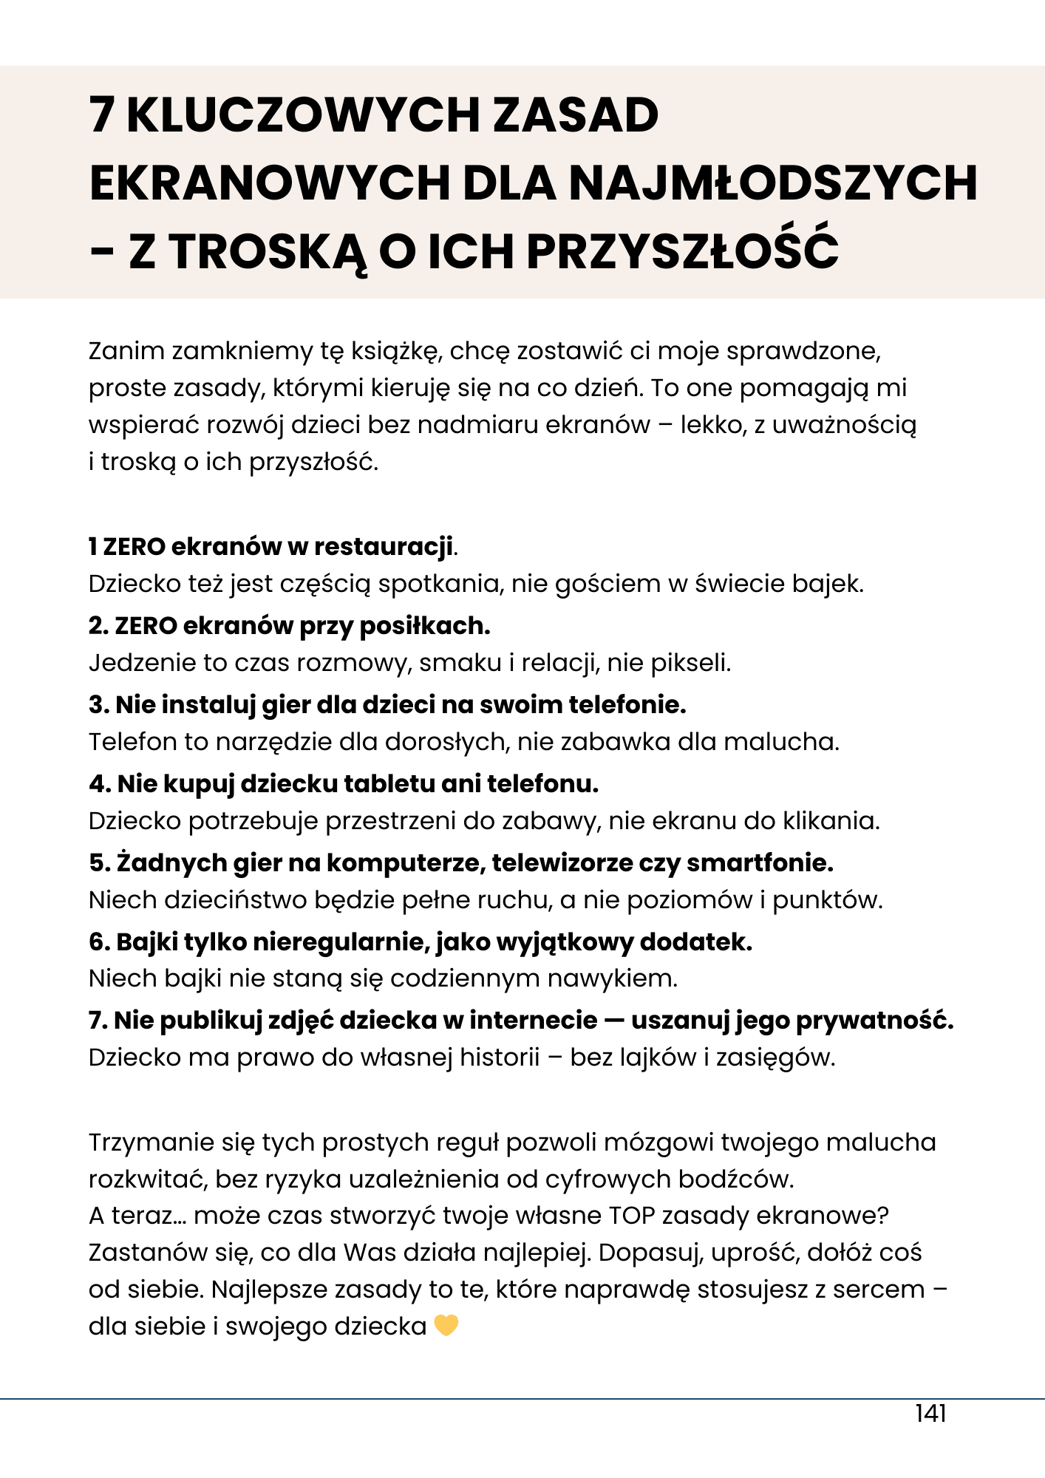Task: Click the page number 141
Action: pos(930,1414)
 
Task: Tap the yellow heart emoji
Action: pos(446,1326)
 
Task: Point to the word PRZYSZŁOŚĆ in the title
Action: pos(682,251)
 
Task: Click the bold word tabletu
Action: pos(390,783)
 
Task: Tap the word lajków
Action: pos(658,1058)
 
